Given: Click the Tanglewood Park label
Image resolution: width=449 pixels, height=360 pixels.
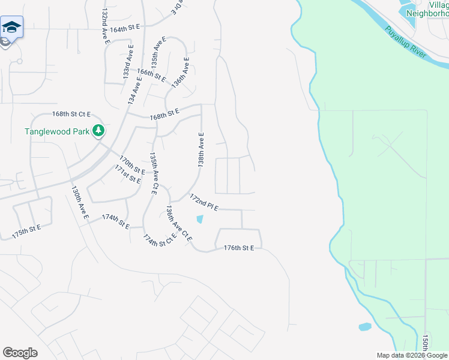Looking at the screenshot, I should pos(56,131).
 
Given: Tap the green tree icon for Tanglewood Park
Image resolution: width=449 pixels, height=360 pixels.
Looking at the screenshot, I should pos(98,131).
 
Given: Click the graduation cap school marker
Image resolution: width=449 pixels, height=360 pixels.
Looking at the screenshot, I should pos(11,28).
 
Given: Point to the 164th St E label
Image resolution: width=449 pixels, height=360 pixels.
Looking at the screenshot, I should pos(124,28).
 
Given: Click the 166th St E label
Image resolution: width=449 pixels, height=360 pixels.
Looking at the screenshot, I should pos(151,74).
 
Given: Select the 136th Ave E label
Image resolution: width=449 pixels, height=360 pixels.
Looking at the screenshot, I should pos(180,73).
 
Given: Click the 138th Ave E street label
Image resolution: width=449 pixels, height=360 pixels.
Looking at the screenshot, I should pos(202,149).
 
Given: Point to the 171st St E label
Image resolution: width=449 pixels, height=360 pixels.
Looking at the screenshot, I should pos(128,176).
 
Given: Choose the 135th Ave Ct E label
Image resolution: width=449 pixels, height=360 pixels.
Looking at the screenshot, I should pos(154,173).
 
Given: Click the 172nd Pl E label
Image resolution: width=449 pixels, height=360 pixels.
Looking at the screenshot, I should pos(203,202).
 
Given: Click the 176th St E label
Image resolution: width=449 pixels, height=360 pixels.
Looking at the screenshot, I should pos(239,248).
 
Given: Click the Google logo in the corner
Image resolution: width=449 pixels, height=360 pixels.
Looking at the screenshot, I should pos(20,353).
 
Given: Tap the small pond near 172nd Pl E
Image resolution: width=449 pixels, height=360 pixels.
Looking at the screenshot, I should pos(200,220).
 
